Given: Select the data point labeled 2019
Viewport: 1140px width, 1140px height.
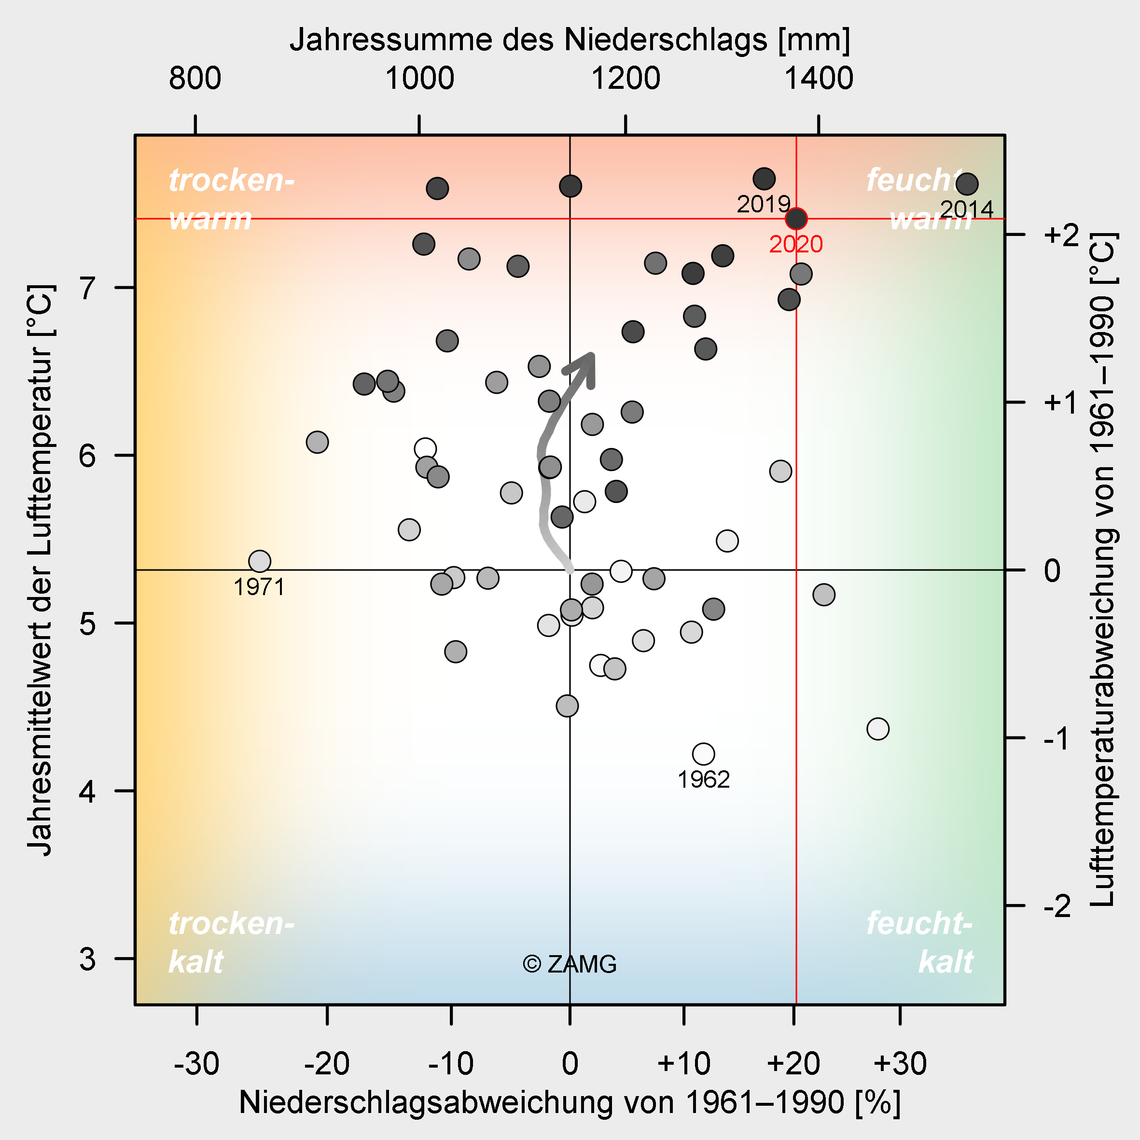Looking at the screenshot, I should [x=764, y=178].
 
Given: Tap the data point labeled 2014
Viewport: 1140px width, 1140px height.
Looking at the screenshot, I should [x=967, y=184].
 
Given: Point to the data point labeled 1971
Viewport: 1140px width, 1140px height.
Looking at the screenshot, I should [x=260, y=561].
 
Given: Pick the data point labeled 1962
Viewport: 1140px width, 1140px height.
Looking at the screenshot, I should [x=703, y=754].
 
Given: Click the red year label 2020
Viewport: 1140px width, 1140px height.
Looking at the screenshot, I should [x=795, y=244].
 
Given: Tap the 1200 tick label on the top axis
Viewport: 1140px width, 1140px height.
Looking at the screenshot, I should [x=625, y=79].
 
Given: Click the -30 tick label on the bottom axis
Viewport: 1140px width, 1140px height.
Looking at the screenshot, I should [x=196, y=1064].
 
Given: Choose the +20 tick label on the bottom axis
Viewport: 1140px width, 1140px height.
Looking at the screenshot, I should [x=793, y=1064].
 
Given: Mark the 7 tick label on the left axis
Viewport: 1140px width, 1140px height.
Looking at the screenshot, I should [x=87, y=288].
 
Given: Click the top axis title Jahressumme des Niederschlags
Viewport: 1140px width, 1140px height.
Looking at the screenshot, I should [x=570, y=40].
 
